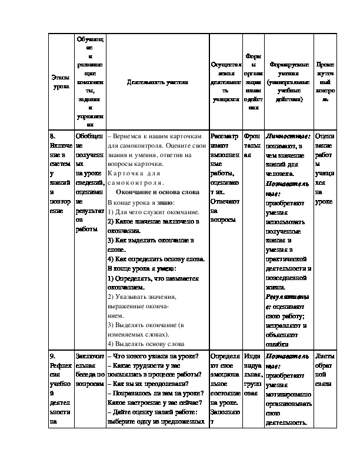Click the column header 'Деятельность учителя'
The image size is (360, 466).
pos(157,82)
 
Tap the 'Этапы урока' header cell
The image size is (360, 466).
pos(61,82)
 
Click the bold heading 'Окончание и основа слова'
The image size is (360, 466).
pos(158,192)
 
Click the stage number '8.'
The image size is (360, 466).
pos(54,135)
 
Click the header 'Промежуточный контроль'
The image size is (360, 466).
pos(325,82)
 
